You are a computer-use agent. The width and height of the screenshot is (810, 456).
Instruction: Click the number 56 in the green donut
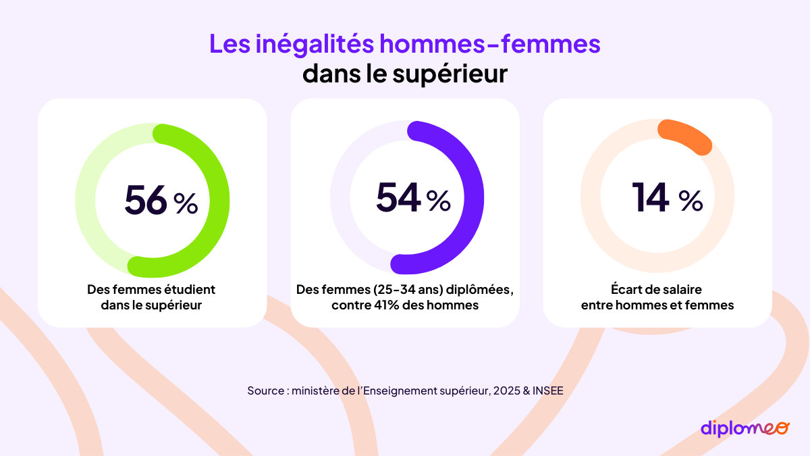145,199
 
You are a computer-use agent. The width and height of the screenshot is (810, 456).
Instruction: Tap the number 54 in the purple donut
398,198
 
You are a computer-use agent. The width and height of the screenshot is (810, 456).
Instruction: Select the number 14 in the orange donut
651,197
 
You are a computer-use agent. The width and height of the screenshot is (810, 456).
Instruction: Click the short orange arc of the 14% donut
686,136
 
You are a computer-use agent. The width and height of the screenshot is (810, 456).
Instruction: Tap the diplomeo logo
744,428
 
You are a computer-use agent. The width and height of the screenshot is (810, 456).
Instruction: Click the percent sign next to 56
186,203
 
